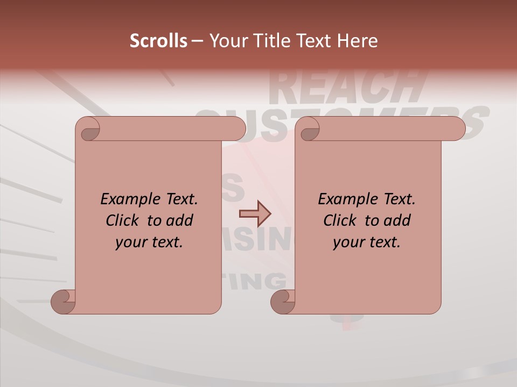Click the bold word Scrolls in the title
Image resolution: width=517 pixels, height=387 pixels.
click(x=159, y=41)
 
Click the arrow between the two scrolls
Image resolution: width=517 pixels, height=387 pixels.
click(x=255, y=214)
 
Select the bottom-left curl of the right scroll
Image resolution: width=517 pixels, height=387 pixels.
click(x=283, y=302)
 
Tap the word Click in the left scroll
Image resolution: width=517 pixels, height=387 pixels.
click(x=123, y=220)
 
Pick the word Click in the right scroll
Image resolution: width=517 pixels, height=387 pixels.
click(x=340, y=220)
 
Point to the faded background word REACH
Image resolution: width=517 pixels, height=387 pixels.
click(x=345, y=86)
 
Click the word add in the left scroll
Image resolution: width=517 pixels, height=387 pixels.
click(x=179, y=220)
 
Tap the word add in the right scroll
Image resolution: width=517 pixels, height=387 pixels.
click(x=397, y=220)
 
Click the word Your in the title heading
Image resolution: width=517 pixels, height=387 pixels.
click(x=226, y=41)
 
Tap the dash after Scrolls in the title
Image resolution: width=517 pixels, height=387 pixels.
click(x=197, y=41)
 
